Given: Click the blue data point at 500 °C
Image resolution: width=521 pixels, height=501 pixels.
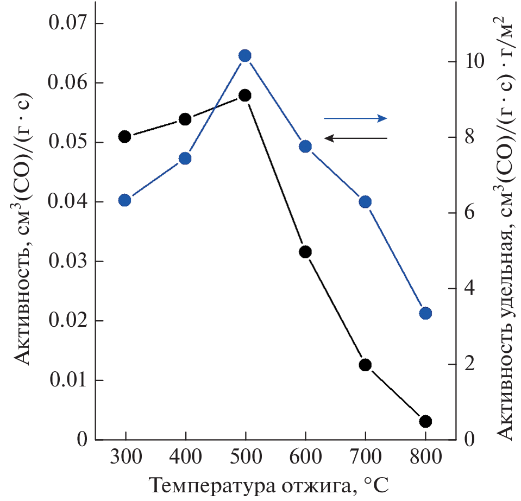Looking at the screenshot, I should (245, 56).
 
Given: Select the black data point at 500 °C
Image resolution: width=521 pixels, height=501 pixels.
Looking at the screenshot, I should (245, 96).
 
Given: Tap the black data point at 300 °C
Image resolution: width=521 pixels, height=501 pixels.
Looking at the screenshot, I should (125, 136).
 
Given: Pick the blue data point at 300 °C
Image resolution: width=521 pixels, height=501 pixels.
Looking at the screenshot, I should (125, 200).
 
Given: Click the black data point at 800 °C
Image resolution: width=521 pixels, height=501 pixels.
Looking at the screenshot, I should (425, 421).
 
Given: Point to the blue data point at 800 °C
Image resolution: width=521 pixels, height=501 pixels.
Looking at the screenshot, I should (425, 313).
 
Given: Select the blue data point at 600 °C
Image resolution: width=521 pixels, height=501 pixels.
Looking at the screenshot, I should (305, 147).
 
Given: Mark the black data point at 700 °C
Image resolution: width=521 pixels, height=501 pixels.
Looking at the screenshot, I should (365, 365).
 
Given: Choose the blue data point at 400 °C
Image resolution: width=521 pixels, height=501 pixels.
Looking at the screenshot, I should (185, 158).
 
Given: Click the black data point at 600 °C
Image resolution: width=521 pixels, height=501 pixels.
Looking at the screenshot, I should (305, 251).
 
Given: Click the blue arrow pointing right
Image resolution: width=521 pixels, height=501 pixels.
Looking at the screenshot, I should (355, 118).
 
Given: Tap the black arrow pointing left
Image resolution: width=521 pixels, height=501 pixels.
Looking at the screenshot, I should (355, 138).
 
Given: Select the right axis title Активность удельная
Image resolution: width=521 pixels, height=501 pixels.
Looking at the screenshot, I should (503, 228).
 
